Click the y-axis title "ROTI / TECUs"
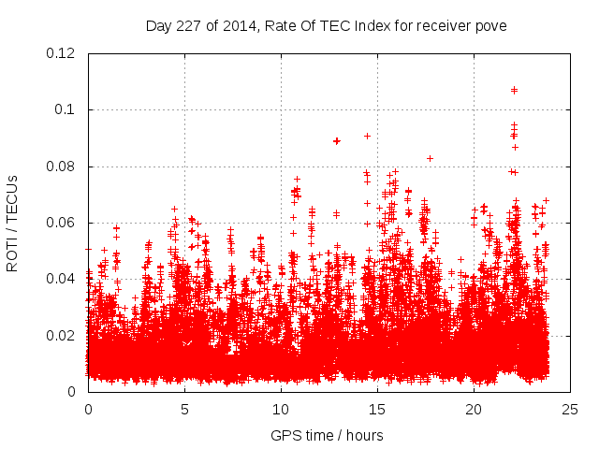[x=13, y=223]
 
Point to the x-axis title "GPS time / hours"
[x=329, y=435]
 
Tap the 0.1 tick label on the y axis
[x=68, y=109]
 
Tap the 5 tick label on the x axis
[x=184, y=409]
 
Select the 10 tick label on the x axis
[x=281, y=409]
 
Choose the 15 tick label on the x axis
[x=377, y=409]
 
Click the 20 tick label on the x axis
[x=474, y=409]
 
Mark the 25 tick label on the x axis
[x=570, y=409]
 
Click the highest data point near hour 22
[x=514, y=90]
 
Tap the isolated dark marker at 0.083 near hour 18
[x=430, y=158]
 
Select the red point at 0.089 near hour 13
[x=337, y=140]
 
